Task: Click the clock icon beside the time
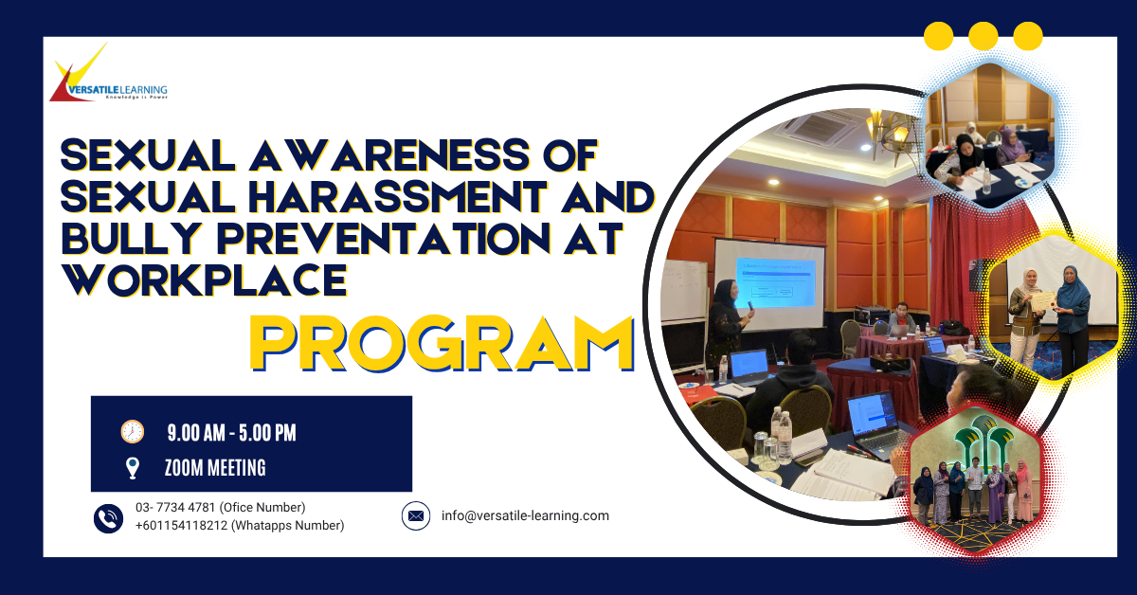(x=132, y=432)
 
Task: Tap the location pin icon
(x=132, y=467)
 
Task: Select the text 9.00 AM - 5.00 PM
(x=231, y=433)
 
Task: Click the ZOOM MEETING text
(x=214, y=467)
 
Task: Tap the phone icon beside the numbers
(x=108, y=517)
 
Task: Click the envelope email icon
(x=415, y=516)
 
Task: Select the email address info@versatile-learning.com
(x=525, y=516)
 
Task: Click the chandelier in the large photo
(x=891, y=133)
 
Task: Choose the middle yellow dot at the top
(x=983, y=36)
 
